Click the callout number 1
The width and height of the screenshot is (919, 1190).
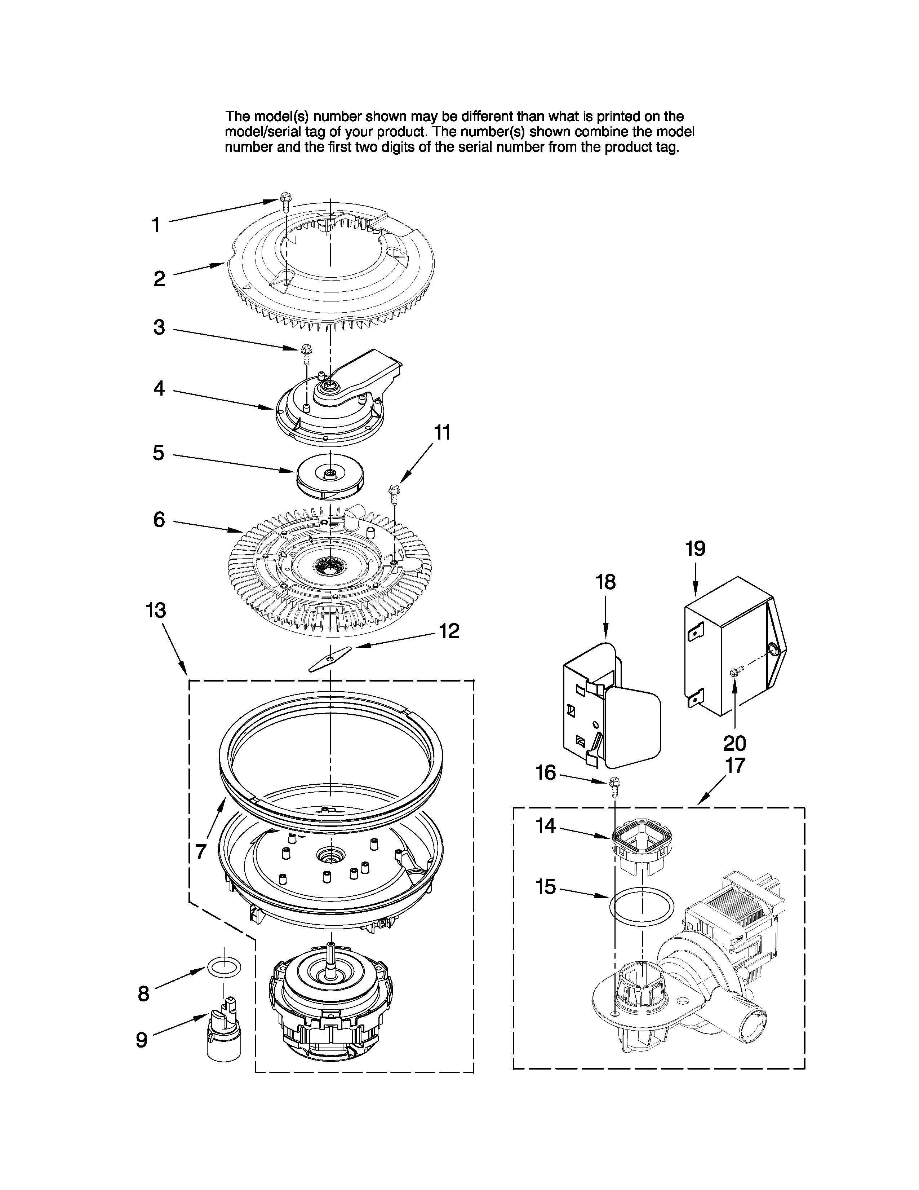156,225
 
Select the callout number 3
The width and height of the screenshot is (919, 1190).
159,327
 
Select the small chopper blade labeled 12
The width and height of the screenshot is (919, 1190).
329,660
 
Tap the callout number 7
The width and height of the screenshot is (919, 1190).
201,852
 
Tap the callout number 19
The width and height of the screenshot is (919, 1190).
695,549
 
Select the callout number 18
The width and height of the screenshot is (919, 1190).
605,582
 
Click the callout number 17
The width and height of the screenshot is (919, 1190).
735,766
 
